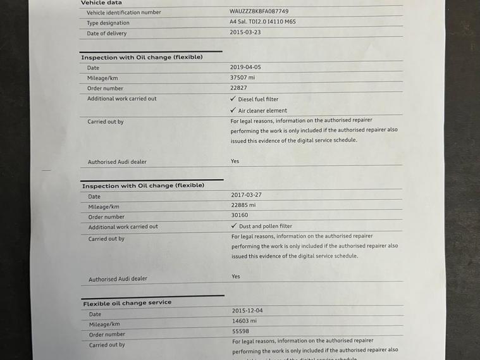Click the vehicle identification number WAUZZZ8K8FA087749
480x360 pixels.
[x=259, y=11]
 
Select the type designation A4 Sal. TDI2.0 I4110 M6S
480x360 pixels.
[x=262, y=22]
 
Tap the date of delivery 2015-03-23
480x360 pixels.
[x=245, y=32]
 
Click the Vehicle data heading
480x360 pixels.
[x=101, y=3]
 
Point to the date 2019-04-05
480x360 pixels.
[x=245, y=66]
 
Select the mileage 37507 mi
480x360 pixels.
[x=243, y=77]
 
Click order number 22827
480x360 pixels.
[x=238, y=88]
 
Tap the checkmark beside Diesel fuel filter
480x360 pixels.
[x=233, y=99]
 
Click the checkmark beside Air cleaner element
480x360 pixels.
[x=233, y=110]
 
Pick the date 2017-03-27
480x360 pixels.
[x=246, y=195]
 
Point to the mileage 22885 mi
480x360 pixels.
[x=243, y=205]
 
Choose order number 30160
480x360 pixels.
[x=240, y=215]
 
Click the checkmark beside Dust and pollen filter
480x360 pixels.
[x=234, y=226]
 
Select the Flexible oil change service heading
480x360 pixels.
[x=127, y=303]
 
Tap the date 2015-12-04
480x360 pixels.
[x=247, y=311]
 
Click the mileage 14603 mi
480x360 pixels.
[x=244, y=321]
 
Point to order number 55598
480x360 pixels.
[x=240, y=331]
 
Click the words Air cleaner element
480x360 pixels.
[x=262, y=111]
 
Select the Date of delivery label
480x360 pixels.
[x=106, y=34]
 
